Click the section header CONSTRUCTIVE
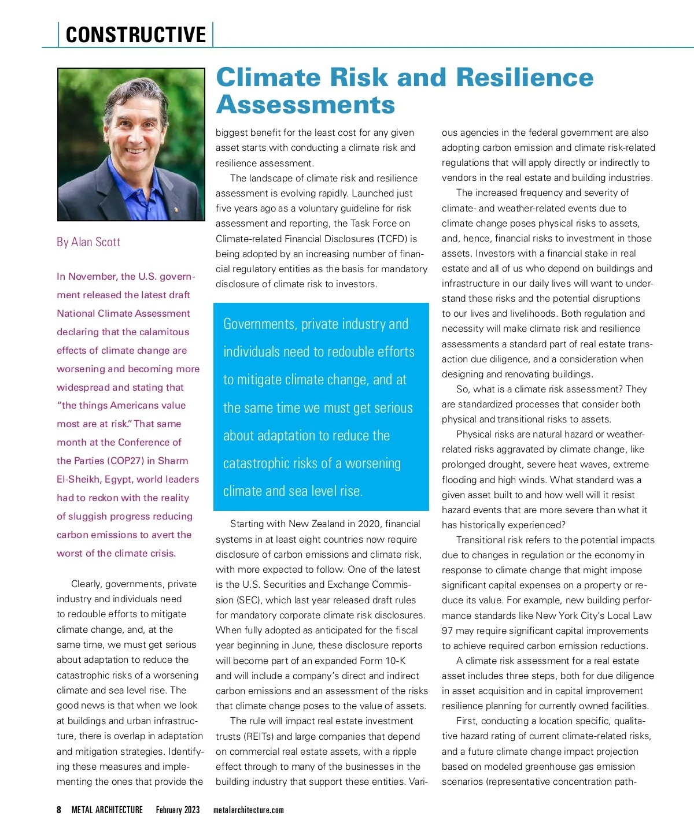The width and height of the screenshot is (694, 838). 136,35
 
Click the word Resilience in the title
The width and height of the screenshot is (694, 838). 525,77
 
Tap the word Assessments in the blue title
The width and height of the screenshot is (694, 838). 305,105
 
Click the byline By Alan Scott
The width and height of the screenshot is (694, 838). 88,242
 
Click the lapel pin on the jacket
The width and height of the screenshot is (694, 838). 176,210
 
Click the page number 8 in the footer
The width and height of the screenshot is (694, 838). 59,810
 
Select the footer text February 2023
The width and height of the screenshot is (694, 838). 178,810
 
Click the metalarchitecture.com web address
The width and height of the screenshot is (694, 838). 249,810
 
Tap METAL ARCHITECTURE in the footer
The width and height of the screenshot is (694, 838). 107,810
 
